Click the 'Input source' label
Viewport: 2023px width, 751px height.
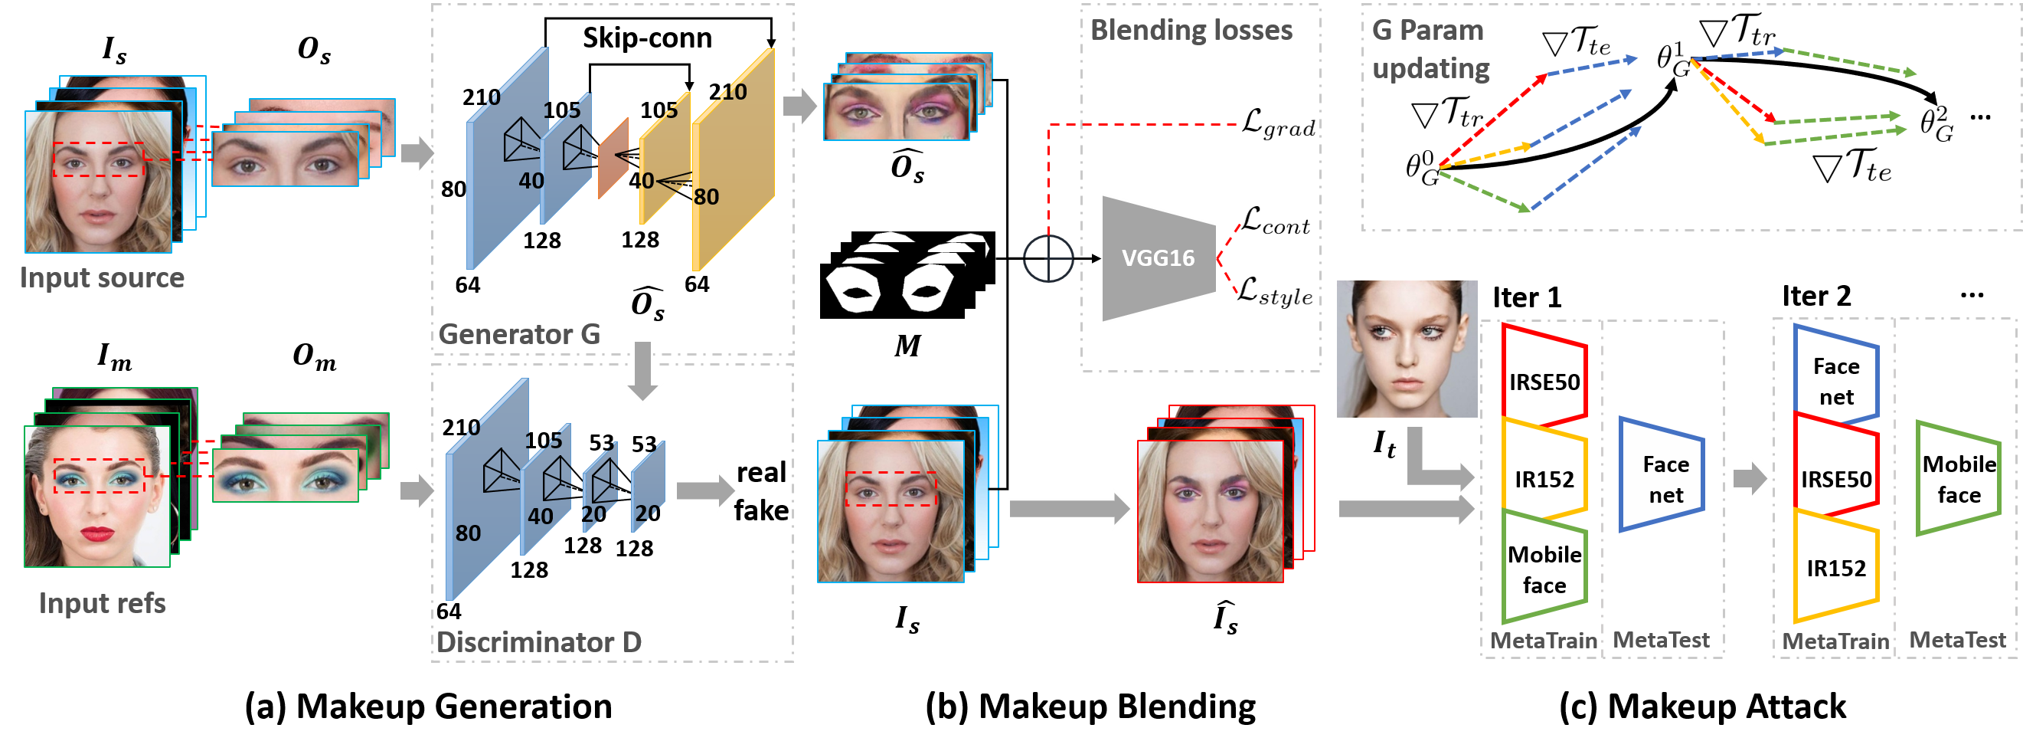[102, 278]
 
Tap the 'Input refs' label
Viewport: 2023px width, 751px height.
[102, 603]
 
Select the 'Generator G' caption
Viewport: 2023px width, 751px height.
[519, 335]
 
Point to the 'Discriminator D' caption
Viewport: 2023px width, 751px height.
[539, 643]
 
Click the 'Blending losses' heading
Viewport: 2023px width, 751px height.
[1191, 31]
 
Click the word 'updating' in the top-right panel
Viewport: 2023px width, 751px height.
[1430, 69]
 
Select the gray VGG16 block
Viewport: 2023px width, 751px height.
[1159, 258]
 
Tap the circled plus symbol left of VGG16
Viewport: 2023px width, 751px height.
[1048, 257]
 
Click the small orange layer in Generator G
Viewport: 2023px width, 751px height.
[613, 158]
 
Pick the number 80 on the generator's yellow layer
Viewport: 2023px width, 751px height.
[706, 197]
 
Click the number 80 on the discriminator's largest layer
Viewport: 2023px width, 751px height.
[468, 533]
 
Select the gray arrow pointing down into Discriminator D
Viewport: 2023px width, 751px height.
[642, 371]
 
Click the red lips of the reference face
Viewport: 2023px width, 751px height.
[97, 534]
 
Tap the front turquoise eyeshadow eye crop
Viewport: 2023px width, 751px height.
[285, 476]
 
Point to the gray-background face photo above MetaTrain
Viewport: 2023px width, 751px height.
[1407, 349]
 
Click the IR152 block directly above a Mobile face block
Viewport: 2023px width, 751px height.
[1544, 479]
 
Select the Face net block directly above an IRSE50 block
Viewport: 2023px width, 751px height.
[1835, 381]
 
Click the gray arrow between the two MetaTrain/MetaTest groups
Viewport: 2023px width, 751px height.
[1750, 477]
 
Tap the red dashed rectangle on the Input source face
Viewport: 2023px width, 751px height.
[99, 159]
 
